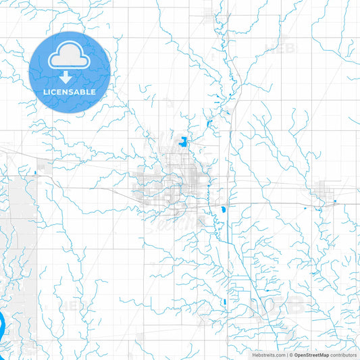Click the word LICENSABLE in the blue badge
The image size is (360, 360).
pos(70,91)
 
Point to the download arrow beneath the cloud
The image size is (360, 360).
pos(70,77)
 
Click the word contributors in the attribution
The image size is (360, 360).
pos(343,355)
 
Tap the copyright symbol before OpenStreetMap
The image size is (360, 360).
pos(290,355)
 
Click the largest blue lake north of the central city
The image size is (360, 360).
pos(183,141)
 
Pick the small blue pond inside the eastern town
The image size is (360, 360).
pos(335,202)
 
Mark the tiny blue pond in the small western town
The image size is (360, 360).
pos(34,173)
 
